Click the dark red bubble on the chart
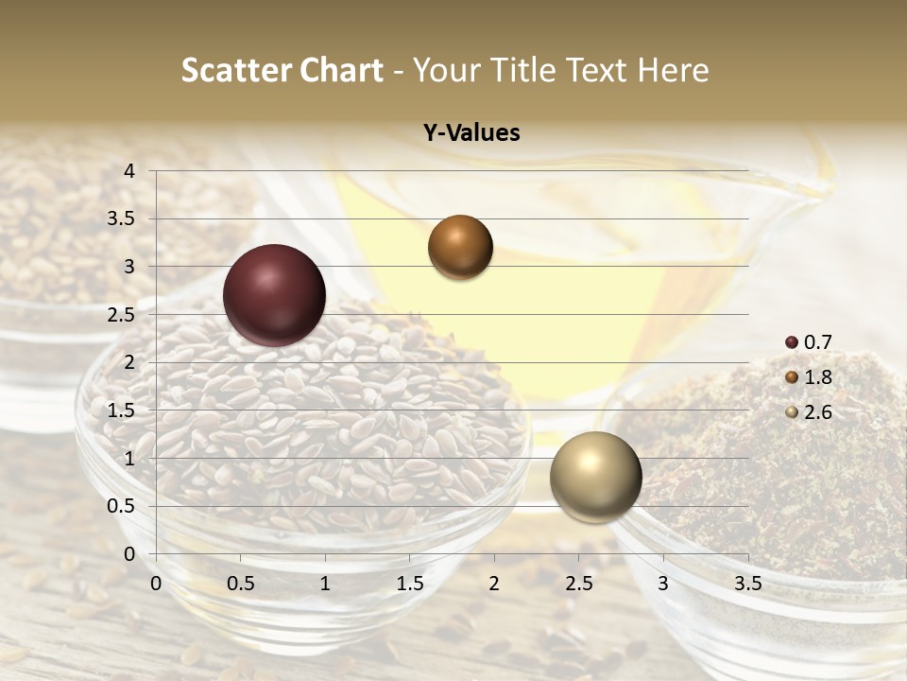pos(275,295)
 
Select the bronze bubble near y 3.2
pos(460,247)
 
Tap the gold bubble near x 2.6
pos(595,477)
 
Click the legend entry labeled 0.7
pos(810,342)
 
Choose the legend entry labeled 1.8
pos(810,377)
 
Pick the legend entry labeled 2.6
pos(810,412)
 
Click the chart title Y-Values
pos(471,133)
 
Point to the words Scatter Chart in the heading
pos(282,70)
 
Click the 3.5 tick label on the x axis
pos(747,584)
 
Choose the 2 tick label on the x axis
pos(493,584)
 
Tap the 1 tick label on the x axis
pos(325,584)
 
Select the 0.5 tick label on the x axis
pos(240,584)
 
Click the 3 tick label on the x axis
pos(662,584)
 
